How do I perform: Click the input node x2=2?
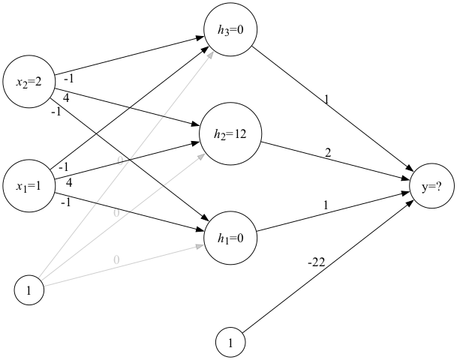[x=29, y=82]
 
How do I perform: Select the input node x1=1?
[x=29, y=185]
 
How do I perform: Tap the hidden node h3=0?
[x=230, y=30]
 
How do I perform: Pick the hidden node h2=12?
[x=230, y=134]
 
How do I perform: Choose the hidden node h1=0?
[x=230, y=239]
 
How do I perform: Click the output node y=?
[x=431, y=187]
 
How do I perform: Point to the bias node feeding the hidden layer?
[x=29, y=290]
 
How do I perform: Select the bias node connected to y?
[x=230, y=343]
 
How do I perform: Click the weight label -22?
[x=316, y=262]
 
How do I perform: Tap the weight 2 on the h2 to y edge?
[x=327, y=153]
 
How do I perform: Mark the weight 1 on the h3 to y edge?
[x=326, y=99]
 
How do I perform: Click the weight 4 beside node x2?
[x=67, y=97]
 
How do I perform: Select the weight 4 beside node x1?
[x=69, y=182]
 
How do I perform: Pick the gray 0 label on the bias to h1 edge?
[x=116, y=259]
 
